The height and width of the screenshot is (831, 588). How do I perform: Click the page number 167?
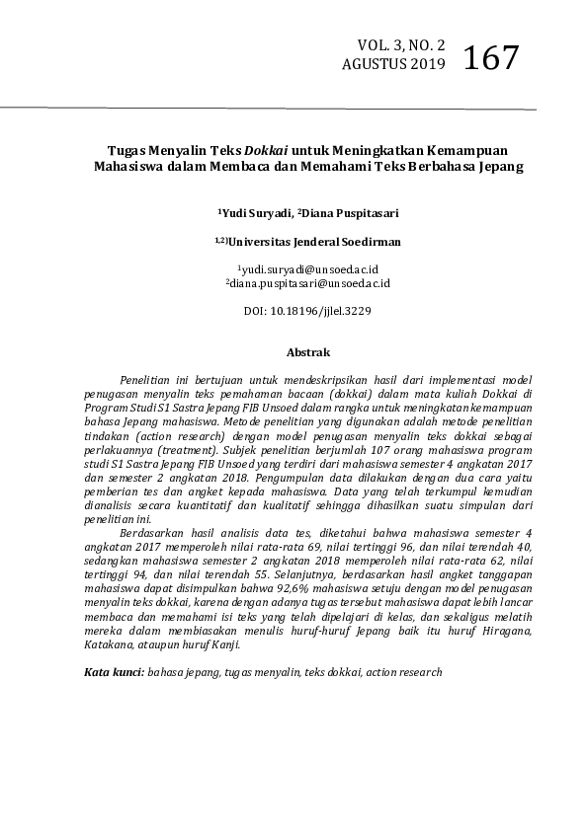[490, 56]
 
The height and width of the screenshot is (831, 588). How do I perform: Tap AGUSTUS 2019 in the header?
[393, 65]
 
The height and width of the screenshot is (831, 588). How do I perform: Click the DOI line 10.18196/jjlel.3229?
[294, 310]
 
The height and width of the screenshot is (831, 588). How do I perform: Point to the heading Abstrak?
[307, 351]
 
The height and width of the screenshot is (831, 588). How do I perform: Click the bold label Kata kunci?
[113, 671]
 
